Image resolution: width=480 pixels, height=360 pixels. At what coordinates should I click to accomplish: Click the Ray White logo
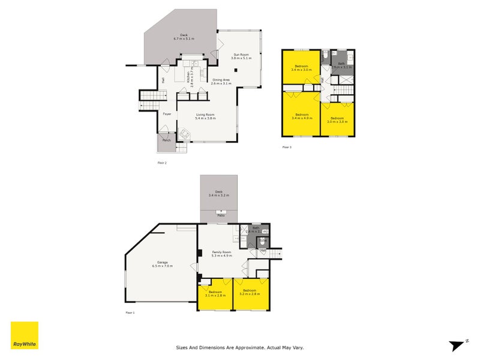pos(25,335)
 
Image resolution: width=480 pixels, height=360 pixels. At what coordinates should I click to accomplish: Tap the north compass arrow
pos(457,345)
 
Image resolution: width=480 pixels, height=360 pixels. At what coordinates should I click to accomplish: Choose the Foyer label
pos(167,113)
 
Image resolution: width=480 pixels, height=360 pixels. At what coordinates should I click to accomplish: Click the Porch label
pos(166,140)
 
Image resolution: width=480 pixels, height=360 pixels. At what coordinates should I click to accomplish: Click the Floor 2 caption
pos(162,163)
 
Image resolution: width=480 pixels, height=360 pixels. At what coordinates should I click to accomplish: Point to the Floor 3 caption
pos(287,147)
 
